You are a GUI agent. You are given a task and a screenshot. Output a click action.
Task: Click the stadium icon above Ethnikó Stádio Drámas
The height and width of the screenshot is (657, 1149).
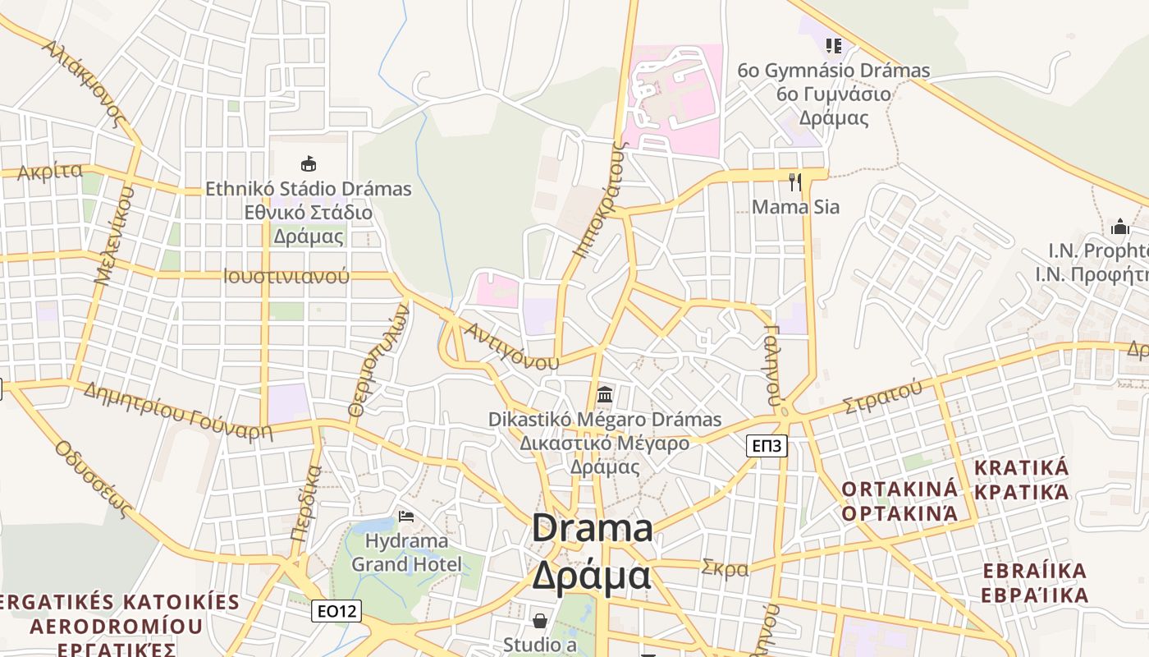point(309,163)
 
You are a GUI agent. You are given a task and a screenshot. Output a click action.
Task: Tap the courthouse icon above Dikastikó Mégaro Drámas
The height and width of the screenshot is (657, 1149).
point(605,395)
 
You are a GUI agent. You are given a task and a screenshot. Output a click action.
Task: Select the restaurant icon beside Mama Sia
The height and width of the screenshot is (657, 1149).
point(794,181)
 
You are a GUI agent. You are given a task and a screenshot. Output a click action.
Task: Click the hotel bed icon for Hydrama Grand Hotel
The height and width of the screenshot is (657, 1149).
point(405,517)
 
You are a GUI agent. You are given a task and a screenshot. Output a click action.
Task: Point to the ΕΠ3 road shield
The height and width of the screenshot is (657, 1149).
point(767,446)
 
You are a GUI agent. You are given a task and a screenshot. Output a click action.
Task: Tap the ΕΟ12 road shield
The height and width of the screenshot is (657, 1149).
point(336,611)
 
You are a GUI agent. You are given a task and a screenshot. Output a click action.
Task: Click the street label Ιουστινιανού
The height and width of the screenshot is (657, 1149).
point(286,276)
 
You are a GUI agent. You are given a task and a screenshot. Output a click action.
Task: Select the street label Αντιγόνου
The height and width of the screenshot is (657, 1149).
point(511,345)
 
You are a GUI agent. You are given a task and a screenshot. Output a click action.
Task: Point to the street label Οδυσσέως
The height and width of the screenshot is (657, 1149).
point(94,479)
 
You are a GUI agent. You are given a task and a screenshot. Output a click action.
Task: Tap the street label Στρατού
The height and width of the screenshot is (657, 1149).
point(881,397)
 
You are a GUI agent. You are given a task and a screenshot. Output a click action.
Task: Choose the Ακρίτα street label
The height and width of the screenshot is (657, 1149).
point(50,172)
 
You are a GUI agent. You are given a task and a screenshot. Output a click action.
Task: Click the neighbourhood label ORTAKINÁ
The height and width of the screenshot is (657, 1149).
point(899,489)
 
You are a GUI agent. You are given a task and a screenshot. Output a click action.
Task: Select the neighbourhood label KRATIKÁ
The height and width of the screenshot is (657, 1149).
point(1021,468)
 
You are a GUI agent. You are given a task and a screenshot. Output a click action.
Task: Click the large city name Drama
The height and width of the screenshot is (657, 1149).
point(592,527)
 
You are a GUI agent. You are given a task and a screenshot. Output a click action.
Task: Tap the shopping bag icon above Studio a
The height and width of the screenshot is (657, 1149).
point(540,620)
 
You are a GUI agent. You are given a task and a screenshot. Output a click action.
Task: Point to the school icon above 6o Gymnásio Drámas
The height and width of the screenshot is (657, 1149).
point(833,45)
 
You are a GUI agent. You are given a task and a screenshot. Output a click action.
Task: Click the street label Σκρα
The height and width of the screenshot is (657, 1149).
point(725,567)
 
